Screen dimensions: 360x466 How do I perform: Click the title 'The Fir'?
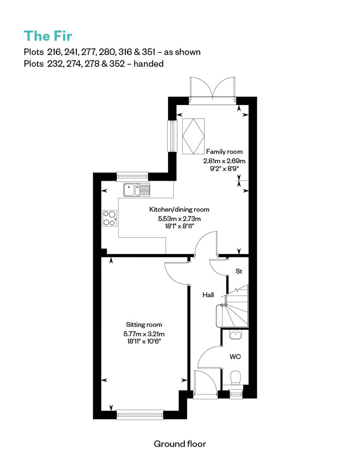(48, 36)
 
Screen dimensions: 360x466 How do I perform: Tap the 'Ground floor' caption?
(180, 444)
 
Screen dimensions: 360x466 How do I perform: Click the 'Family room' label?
(225, 152)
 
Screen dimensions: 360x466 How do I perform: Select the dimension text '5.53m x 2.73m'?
(179, 219)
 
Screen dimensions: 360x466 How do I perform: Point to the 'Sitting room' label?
(144, 325)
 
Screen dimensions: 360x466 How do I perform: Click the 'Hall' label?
(208, 295)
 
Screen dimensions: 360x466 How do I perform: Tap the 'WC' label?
(235, 356)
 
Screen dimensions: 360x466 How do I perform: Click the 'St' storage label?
(239, 271)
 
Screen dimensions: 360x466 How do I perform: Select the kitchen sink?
(137, 190)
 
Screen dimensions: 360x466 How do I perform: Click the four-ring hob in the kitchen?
(110, 218)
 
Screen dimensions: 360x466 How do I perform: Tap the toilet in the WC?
(237, 378)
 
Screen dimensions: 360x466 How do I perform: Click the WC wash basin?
(236, 335)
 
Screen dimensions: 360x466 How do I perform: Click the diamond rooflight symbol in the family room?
(193, 136)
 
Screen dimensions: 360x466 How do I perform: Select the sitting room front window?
(140, 415)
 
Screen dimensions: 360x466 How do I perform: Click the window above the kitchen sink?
(132, 177)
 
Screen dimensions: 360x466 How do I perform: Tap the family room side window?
(172, 136)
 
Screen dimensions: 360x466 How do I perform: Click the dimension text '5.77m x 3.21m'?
(144, 334)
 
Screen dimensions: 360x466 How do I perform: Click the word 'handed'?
(149, 64)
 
